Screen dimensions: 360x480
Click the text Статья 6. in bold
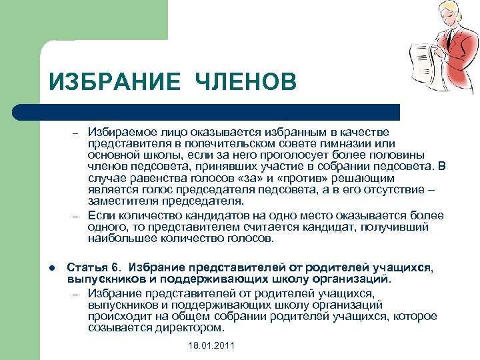coord(89,267)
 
